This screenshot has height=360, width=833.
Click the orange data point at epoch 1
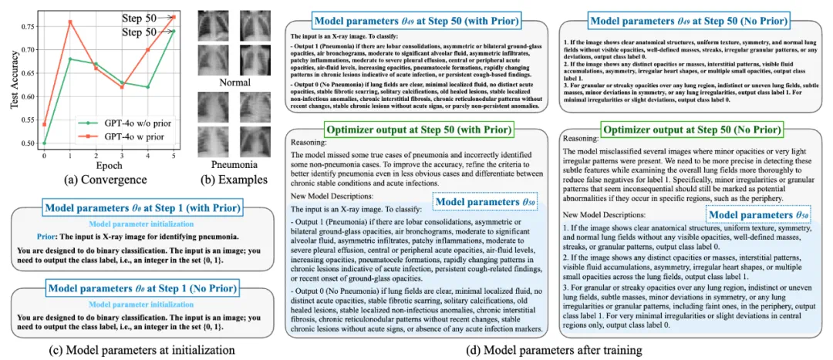coord(70,22)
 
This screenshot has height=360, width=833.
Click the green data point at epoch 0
coord(43,143)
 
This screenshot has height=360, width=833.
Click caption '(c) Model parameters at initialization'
coord(140,350)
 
